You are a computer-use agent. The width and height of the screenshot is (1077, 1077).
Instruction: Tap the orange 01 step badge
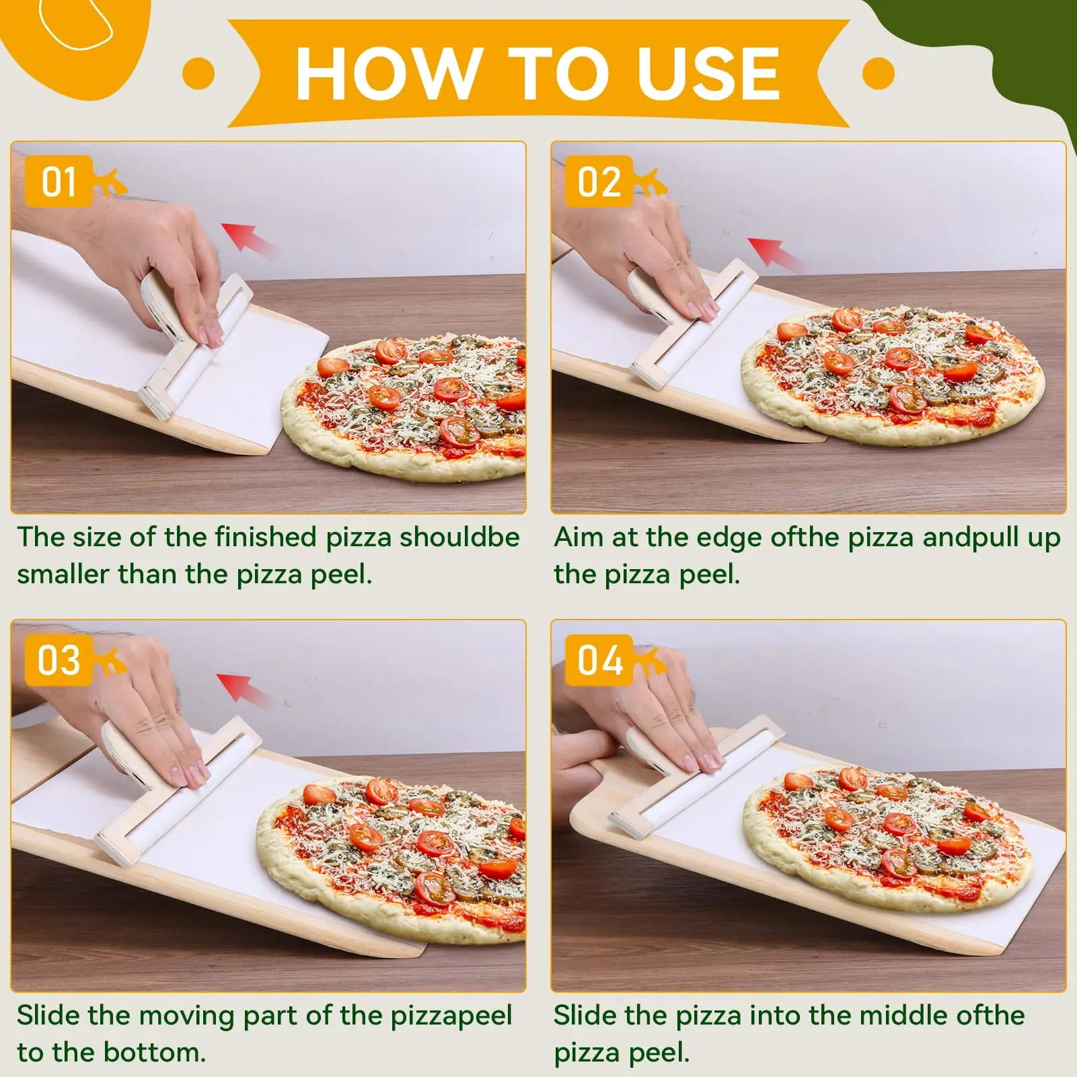[59, 182]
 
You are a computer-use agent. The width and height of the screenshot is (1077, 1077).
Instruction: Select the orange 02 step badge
[599, 182]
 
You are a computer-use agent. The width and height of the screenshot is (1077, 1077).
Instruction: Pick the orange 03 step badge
[59, 660]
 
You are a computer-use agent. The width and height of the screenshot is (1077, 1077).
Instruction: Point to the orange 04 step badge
[599, 660]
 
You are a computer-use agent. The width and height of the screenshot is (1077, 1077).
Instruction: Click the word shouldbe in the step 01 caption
[459, 537]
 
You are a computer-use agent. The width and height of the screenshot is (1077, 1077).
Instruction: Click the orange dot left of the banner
[198, 73]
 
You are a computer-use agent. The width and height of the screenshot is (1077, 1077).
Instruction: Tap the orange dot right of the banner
[879, 73]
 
